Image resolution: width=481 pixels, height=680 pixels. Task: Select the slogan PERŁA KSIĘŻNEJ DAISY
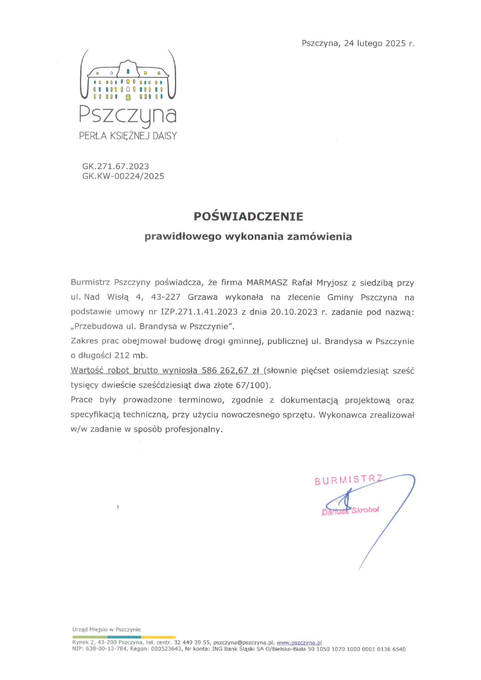(x=128, y=136)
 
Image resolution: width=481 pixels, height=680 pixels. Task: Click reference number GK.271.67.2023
(x=116, y=166)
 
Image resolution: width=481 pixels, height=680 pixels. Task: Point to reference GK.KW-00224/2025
(x=123, y=176)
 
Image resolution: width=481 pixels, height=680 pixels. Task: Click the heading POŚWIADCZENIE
(x=248, y=216)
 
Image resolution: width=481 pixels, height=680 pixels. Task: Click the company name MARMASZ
(x=267, y=283)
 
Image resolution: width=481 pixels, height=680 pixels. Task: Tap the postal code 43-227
(x=166, y=297)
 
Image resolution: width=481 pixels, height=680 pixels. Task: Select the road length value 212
(x=122, y=356)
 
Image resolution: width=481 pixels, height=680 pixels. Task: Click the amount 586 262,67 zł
(x=230, y=371)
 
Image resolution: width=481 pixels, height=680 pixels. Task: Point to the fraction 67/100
(x=252, y=385)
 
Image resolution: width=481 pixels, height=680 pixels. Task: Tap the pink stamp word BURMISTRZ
(x=348, y=480)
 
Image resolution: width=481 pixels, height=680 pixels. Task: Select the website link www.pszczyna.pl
(x=299, y=642)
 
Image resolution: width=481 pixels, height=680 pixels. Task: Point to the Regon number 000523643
(x=166, y=649)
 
